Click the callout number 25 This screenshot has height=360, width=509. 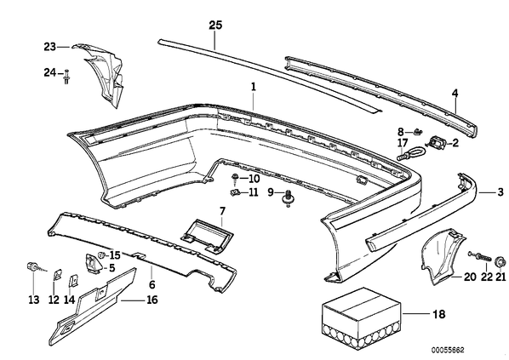tap(215, 25)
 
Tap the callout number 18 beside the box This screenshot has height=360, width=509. tap(439, 314)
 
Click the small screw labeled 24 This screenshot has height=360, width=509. tap(66, 77)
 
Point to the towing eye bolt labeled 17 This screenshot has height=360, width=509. tap(409, 152)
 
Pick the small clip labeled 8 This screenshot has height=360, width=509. tap(419, 131)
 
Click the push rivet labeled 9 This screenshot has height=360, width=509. tap(288, 197)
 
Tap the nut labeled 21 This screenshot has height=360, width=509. tap(500, 261)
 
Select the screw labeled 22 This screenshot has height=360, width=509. tap(482, 256)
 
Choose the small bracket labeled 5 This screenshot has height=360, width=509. tap(94, 262)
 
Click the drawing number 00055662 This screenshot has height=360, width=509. tap(448, 350)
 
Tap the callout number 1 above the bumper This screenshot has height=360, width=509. tap(253, 87)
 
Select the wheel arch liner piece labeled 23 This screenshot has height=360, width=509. tap(100, 75)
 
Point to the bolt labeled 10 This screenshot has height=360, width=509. tap(234, 179)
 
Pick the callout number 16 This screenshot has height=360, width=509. tap(152, 300)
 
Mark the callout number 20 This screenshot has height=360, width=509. tap(470, 277)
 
